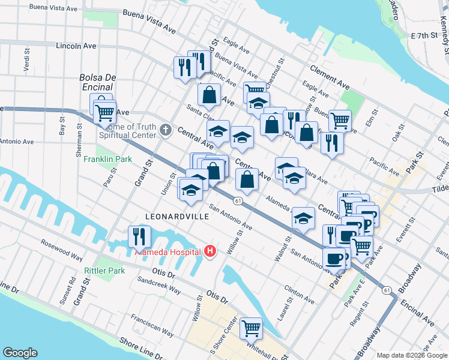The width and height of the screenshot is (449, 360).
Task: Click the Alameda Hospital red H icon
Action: point(209,251)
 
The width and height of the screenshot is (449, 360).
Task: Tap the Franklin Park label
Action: point(105,159)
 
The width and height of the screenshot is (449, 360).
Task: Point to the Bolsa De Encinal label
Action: point(97,82)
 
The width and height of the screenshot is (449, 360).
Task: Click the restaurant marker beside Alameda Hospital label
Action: point(139,237)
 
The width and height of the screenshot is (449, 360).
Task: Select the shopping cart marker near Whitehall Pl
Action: point(251,328)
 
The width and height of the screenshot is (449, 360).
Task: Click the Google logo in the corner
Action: point(20,353)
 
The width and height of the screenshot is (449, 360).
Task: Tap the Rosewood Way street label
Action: point(61,250)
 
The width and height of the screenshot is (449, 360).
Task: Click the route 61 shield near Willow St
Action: point(238,200)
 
